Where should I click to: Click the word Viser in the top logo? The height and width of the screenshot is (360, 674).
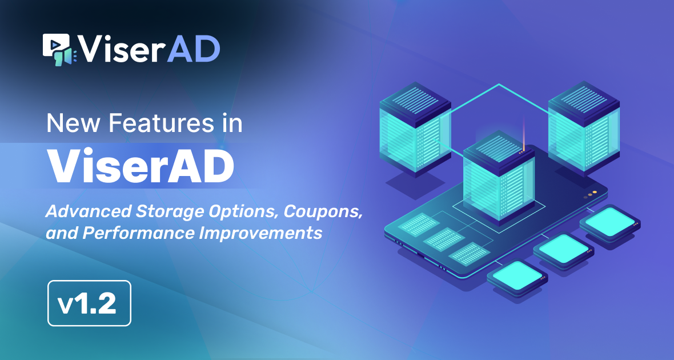(x=121, y=50)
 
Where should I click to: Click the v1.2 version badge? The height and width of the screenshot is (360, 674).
(x=89, y=303)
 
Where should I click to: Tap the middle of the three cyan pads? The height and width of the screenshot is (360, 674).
(x=562, y=247)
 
